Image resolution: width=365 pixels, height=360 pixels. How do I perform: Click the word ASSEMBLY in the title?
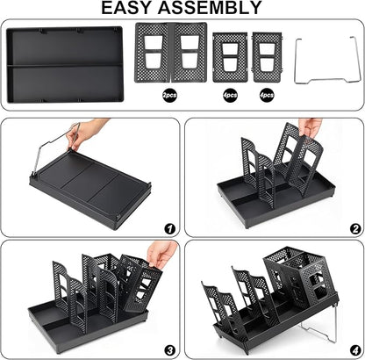click(210, 8)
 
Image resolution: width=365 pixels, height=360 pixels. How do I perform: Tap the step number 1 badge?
click(170, 229)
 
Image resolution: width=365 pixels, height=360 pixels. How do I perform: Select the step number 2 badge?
click(355, 229)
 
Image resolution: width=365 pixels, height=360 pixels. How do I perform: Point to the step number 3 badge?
click(170, 349)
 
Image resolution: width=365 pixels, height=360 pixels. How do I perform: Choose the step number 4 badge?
click(355, 349)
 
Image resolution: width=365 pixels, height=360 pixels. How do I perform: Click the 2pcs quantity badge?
click(169, 95)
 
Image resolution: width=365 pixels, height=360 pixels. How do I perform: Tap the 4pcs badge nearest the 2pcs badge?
click(230, 95)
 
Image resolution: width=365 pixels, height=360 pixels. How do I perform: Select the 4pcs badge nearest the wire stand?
click(267, 95)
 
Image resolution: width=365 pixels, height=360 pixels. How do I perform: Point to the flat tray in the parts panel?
click(65, 65)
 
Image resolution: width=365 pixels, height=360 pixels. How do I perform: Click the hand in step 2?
click(310, 126)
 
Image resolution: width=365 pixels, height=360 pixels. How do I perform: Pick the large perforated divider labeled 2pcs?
click(171, 53)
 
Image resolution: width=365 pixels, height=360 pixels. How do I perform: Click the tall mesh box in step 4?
click(296, 278)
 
